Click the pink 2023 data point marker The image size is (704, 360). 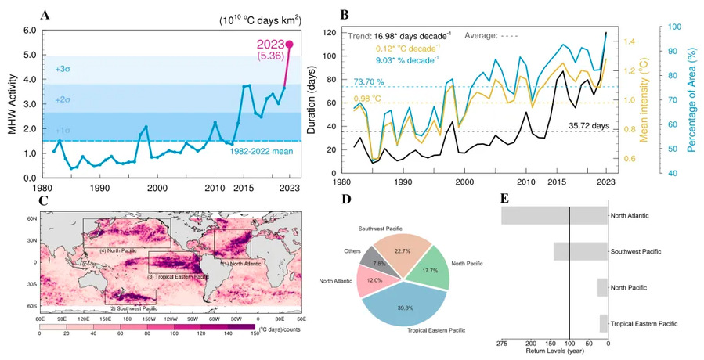(x=290, y=45)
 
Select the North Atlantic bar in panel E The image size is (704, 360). (x=554, y=216)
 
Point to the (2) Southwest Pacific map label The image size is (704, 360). (x=132, y=308)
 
